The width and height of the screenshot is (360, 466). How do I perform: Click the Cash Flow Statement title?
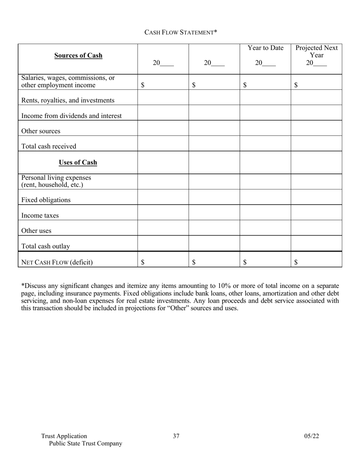[x=180, y=32]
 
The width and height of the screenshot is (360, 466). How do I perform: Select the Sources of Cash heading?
[x=78, y=55]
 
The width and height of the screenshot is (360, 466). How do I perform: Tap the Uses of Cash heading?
[x=78, y=163]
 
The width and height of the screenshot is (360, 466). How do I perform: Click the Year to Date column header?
[x=265, y=48]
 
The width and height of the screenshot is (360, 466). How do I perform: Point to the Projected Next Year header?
[x=316, y=52]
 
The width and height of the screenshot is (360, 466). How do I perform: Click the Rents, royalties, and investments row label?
[x=68, y=100]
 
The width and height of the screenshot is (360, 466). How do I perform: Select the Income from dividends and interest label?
[x=72, y=116]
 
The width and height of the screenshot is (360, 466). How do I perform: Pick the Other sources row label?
[x=41, y=131]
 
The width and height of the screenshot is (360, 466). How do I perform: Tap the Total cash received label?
[x=49, y=146]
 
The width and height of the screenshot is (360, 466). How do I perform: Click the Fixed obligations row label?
[x=46, y=200]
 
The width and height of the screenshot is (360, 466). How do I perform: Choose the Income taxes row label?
[x=40, y=216]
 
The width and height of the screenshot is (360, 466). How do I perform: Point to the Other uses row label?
[x=36, y=231]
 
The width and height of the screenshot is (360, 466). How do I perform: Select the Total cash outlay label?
[x=45, y=246]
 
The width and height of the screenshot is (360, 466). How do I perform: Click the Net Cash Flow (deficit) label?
[x=57, y=262]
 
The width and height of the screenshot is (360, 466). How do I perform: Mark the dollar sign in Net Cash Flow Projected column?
[x=296, y=262]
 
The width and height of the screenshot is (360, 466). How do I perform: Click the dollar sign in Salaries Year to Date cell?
[x=245, y=85]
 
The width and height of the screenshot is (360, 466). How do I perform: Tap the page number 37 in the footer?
[x=176, y=436]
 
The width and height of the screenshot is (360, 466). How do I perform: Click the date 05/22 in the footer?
[x=311, y=436]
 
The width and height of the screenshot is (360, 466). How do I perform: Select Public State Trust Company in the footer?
[x=86, y=444]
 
